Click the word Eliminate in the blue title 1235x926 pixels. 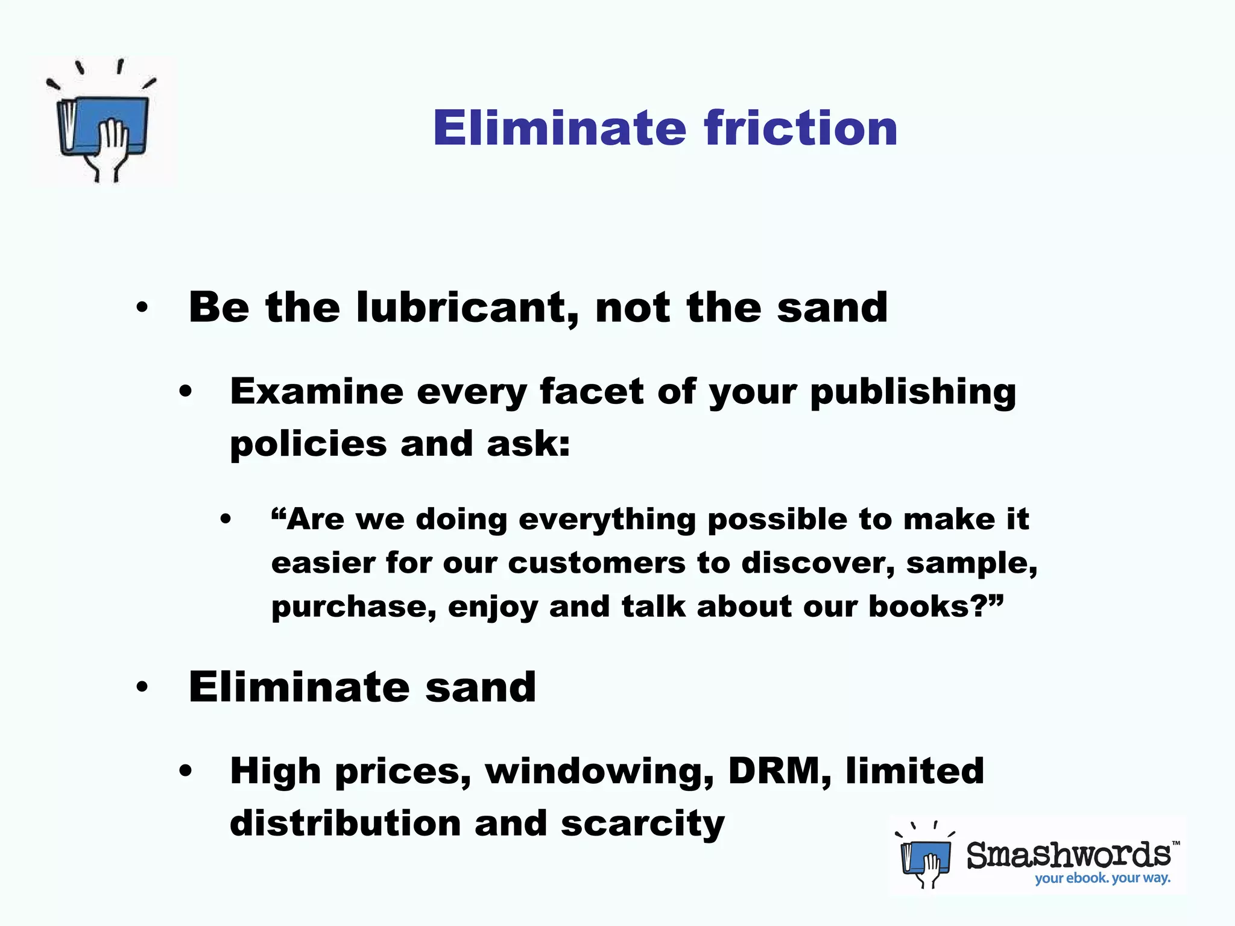click(560, 128)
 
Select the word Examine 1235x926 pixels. click(317, 392)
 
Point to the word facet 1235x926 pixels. click(592, 392)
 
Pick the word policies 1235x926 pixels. click(308, 445)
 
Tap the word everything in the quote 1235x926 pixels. click(607, 520)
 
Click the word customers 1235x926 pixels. click(596, 564)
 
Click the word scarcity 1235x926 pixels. click(643, 824)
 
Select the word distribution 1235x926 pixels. click(346, 824)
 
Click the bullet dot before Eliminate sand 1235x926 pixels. click(142, 687)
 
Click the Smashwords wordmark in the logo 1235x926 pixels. click(1069, 855)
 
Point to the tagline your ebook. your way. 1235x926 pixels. click(1102, 878)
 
